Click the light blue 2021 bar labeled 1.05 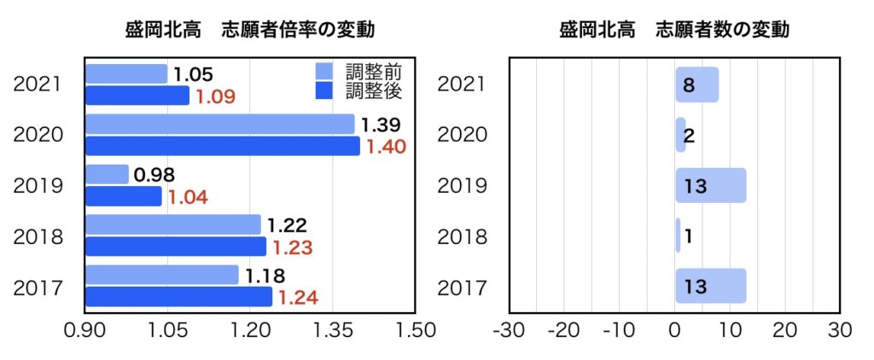point(126,74)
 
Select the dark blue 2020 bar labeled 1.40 point(223,146)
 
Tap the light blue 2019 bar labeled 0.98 point(108,175)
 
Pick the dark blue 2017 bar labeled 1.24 point(179,297)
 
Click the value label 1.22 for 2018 point(287,225)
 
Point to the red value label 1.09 point(214,96)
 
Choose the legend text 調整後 point(373,89)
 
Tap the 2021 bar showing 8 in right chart point(697,84)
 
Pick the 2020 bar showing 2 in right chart point(680,135)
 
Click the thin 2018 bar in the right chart point(679,235)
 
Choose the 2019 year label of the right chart point(462,185)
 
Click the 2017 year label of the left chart point(38,287)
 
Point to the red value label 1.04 point(188,197)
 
